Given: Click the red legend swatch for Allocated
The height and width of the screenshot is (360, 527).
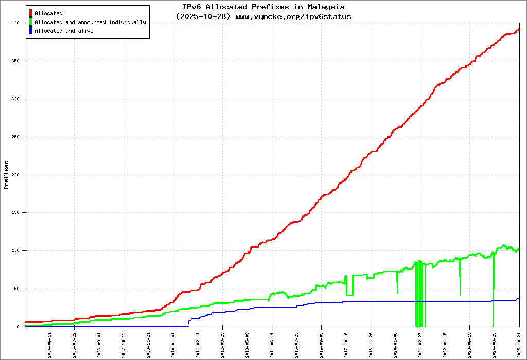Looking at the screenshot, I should [x=31, y=13].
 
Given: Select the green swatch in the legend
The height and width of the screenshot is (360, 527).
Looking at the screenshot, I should [x=31, y=22].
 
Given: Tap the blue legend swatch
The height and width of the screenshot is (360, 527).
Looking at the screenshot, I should [x=31, y=31].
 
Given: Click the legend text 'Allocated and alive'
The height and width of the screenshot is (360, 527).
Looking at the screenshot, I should [x=64, y=31].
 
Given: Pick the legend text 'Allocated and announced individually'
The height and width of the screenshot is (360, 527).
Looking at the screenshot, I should [x=90, y=22].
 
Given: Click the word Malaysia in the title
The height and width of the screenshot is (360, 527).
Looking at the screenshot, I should [x=326, y=7].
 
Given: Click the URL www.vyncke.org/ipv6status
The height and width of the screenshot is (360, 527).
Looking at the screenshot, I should [x=293, y=16].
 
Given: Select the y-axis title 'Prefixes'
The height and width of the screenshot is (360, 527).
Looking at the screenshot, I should [x=7, y=175].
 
